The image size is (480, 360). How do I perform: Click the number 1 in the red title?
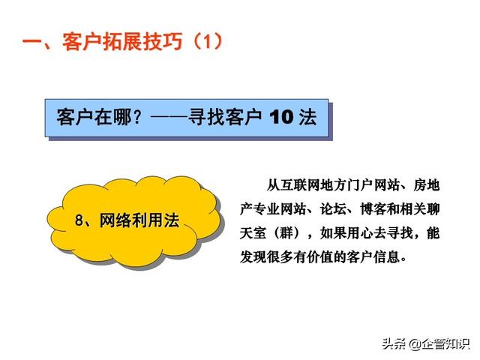208,42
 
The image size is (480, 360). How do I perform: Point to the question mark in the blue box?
138,117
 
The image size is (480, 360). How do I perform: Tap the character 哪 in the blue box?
122,117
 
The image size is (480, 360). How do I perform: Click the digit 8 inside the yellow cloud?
79,220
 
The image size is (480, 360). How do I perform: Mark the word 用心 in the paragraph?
360,233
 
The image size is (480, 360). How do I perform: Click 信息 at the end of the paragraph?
387,256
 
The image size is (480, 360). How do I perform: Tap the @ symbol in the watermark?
414,344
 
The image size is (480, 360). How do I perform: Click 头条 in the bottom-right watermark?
394,343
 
